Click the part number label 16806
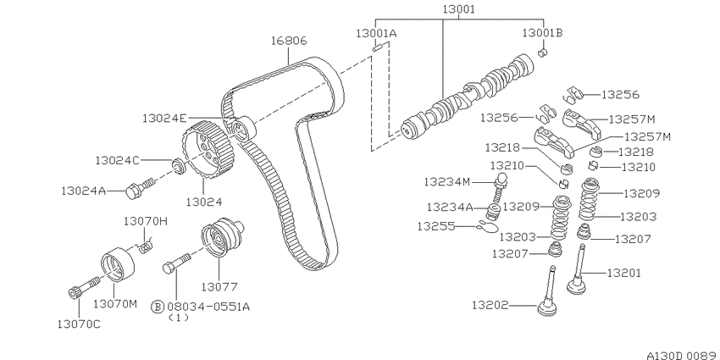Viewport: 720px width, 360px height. [x=288, y=41]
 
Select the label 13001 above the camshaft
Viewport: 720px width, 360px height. [x=459, y=9]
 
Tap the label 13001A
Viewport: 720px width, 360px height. [x=377, y=33]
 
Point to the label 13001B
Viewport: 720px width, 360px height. [x=542, y=32]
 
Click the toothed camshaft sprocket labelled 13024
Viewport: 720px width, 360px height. [x=207, y=151]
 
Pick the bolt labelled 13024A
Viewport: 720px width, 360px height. [x=140, y=188]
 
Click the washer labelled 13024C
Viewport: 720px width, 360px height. [x=178, y=165]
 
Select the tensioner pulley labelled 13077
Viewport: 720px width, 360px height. [x=222, y=238]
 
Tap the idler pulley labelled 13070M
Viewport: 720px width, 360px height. [x=118, y=264]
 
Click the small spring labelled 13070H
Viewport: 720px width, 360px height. [x=146, y=246]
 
